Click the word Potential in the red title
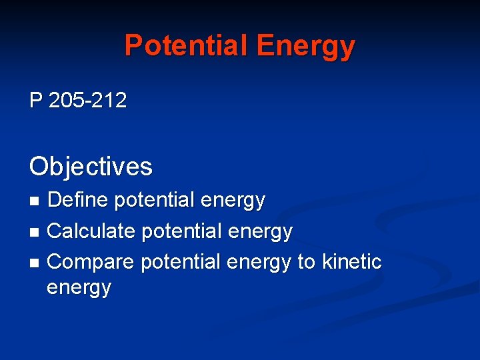click(x=186, y=45)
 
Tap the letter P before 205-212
click(x=36, y=101)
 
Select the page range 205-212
click(x=87, y=101)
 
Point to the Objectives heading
click(x=91, y=166)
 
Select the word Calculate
click(x=92, y=231)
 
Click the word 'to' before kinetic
click(x=306, y=263)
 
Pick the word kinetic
click(x=352, y=262)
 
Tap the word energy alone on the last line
click(x=79, y=289)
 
